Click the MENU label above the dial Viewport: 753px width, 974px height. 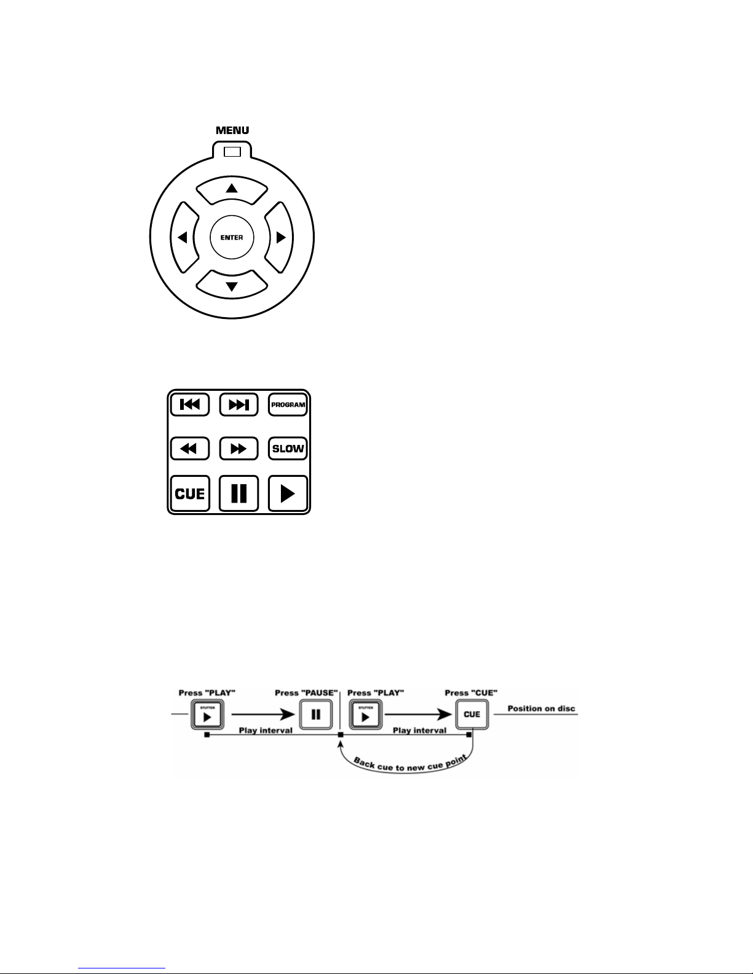232,130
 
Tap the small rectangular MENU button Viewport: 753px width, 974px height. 232,151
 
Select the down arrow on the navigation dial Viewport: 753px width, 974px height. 232,285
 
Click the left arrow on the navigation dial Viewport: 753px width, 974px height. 183,237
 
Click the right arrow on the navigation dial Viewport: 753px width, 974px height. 281,237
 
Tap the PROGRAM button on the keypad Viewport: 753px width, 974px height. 288,405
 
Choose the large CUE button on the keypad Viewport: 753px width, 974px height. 190,493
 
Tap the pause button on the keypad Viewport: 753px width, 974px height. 239,493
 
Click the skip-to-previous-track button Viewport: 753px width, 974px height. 190,405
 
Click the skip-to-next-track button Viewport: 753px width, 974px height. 239,405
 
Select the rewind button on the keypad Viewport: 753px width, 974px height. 190,448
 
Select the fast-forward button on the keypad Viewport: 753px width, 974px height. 239,448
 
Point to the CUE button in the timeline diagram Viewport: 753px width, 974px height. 471,715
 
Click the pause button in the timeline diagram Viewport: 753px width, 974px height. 315,715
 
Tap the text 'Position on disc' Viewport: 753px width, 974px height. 541,709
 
